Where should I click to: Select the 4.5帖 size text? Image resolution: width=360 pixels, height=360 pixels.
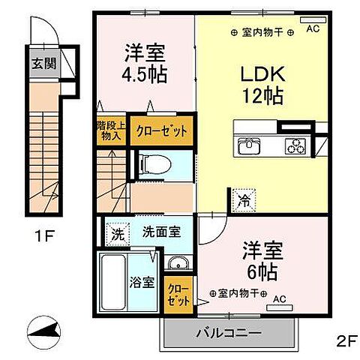pos(145,74)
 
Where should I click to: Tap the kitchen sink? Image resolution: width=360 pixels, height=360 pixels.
pos(248,146)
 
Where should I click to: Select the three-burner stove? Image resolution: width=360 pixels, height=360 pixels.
pos(295,146)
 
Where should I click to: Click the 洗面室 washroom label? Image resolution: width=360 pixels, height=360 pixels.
pos(162,232)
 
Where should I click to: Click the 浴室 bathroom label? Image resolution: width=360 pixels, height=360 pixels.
pos(143,283)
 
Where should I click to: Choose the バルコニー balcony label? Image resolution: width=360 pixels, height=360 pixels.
pos(229,332)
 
